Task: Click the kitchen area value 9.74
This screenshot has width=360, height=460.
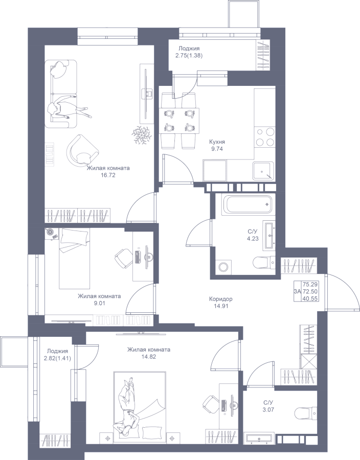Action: coord(217,149)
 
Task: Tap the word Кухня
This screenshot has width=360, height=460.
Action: coord(217,142)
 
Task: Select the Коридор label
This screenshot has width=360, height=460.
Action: coord(220,299)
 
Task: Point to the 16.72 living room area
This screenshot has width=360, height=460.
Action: coord(108,175)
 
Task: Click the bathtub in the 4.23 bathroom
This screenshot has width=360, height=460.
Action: coord(248,204)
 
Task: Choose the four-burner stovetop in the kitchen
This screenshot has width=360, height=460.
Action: coord(265,137)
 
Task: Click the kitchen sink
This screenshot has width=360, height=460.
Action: coord(264,171)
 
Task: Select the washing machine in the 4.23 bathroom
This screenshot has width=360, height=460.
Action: coord(223,267)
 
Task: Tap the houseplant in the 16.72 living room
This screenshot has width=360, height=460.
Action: coord(142,134)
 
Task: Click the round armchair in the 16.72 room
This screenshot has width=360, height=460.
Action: coord(82,150)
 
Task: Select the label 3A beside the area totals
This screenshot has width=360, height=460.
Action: coord(297,291)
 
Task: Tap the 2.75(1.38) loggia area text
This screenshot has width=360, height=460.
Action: coord(189,55)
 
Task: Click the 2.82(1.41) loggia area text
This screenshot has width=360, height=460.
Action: coord(57,358)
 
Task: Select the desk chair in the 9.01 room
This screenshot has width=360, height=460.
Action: coord(123,259)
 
